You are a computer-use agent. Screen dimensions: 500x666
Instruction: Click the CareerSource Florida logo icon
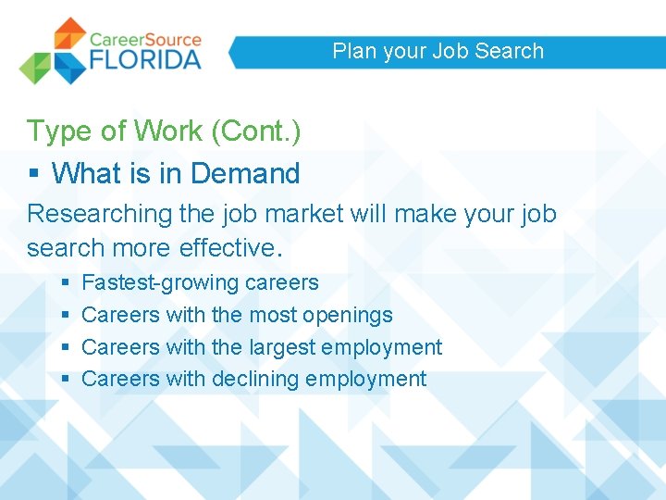[x=53, y=51]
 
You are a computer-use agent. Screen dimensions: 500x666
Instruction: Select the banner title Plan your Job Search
[x=438, y=51]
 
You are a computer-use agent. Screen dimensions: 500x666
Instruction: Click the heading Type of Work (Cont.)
[x=164, y=131]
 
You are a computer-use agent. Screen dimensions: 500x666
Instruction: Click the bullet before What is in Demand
[x=32, y=174]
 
